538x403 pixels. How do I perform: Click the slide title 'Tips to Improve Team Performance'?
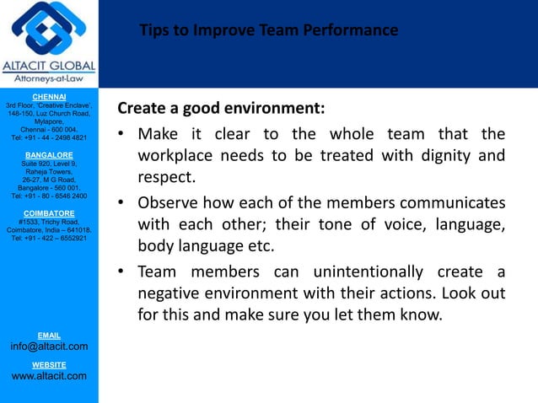[269, 31]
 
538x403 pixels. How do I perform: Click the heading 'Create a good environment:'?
[221, 110]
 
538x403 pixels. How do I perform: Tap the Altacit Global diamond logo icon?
[48, 30]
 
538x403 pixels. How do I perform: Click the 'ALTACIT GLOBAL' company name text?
[49, 67]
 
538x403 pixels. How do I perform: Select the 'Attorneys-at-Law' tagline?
[49, 79]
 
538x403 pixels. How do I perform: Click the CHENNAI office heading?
[48, 98]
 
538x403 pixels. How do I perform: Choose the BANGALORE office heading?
[48, 156]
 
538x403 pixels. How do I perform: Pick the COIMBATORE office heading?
[48, 213]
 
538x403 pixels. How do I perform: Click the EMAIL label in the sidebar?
[48, 336]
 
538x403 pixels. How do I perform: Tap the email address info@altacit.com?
[48, 347]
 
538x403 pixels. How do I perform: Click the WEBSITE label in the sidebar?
[48, 364]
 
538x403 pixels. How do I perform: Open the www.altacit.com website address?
[48, 376]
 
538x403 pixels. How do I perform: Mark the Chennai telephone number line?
[48, 137]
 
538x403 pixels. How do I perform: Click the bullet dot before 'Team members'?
[122, 271]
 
